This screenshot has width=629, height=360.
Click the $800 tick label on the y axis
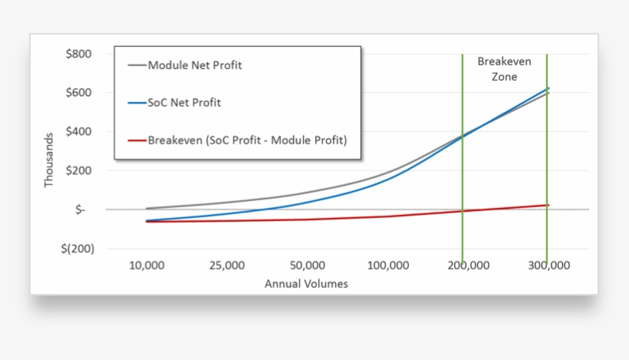pyautogui.click(x=79, y=54)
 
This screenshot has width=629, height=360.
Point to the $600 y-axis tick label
pyautogui.click(x=79, y=93)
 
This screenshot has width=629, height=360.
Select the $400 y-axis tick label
pyautogui.click(x=79, y=132)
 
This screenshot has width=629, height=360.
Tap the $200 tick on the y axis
pyautogui.click(x=79, y=170)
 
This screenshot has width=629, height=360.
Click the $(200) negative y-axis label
pyautogui.click(x=76, y=249)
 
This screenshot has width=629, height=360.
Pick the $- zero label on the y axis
pyautogui.click(x=81, y=210)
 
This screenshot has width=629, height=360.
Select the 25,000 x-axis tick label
pyautogui.click(x=227, y=266)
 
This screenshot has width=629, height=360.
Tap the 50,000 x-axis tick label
pyautogui.click(x=308, y=266)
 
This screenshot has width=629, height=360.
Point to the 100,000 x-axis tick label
pyautogui.click(x=388, y=266)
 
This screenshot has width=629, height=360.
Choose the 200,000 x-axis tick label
pyautogui.click(x=469, y=266)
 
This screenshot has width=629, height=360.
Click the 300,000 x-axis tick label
pyautogui.click(x=549, y=266)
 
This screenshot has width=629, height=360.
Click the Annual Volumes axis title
pyautogui.click(x=306, y=283)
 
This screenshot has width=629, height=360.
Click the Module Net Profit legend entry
pyautogui.click(x=195, y=65)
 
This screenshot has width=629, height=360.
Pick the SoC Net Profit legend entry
pyautogui.click(x=184, y=102)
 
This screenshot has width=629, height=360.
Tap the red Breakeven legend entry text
pyautogui.click(x=247, y=140)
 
